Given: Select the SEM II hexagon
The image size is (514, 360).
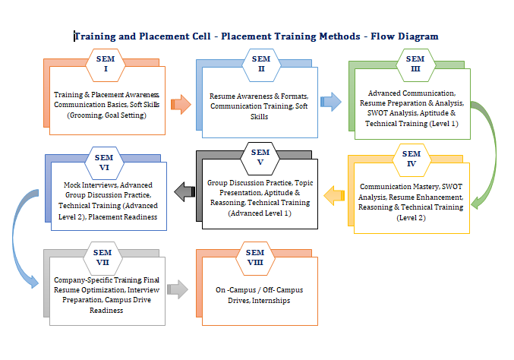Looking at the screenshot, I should click(x=261, y=64).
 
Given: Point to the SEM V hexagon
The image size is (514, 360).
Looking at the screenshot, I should click(x=260, y=157).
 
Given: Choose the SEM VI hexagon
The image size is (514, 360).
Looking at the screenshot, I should click(x=106, y=163).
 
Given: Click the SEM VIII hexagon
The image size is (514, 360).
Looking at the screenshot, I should click(x=256, y=258).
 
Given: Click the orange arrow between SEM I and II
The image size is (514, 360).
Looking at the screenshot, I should click(x=180, y=104).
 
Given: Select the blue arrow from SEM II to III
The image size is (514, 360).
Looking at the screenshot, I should click(x=330, y=102).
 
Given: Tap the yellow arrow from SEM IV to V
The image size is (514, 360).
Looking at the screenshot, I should click(x=333, y=197).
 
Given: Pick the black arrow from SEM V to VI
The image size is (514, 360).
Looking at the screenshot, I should click(x=184, y=192).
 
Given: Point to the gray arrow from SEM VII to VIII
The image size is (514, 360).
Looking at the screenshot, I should click(x=177, y=288).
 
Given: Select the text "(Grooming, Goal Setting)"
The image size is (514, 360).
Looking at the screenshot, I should click(x=106, y=115).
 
